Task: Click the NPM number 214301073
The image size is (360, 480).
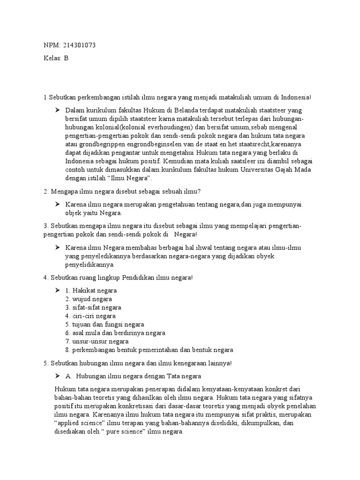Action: pyautogui.click(x=79, y=45)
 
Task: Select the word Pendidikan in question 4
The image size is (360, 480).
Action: pyautogui.click(x=140, y=277)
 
